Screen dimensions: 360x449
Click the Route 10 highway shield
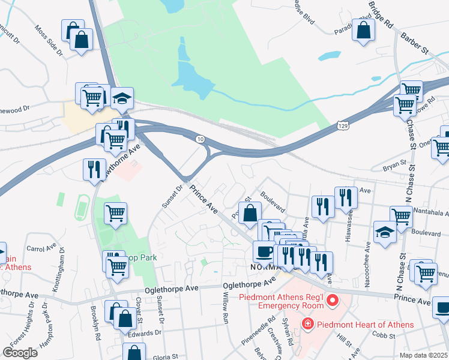pos(199,139)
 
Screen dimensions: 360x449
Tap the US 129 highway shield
pos(342,126)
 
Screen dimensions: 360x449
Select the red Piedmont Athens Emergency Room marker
pos(330,299)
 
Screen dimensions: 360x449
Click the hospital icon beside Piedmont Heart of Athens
pos(308,325)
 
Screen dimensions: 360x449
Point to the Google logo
pos(20,353)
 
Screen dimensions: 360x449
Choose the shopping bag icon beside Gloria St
pos(135,353)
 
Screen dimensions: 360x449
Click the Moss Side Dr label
pos(49,40)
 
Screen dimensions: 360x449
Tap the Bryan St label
pos(394,164)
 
